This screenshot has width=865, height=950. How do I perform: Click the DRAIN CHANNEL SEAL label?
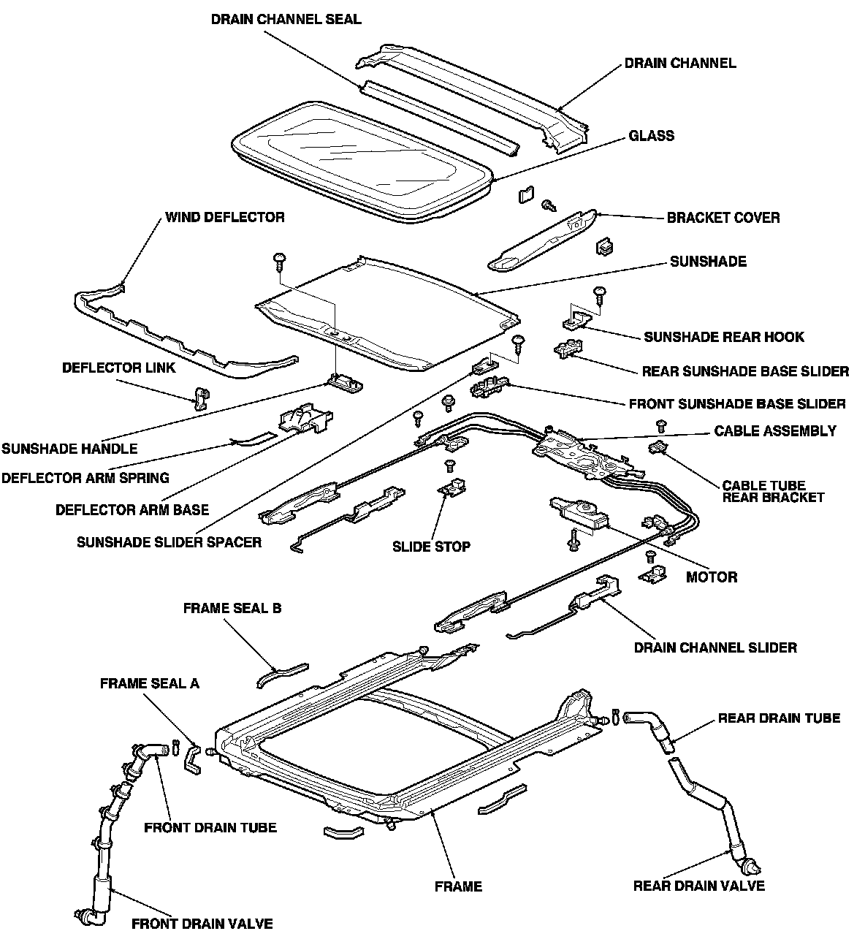click(286, 19)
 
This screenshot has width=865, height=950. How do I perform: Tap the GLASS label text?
click(651, 136)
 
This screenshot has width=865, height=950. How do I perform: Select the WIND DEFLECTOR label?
click(224, 217)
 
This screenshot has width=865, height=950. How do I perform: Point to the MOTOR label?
click(711, 577)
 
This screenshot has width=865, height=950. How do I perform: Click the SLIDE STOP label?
click(431, 546)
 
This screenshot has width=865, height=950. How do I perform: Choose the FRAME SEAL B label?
click(232, 608)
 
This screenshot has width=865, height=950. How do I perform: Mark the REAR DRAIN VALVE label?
click(698, 886)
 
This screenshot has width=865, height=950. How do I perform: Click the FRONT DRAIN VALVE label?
click(202, 924)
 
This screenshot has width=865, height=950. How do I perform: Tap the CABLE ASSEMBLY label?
click(775, 431)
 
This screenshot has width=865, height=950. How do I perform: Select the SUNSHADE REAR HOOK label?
click(723, 337)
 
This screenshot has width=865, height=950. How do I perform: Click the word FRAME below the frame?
click(458, 886)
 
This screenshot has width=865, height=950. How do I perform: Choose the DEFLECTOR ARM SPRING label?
click(85, 478)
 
